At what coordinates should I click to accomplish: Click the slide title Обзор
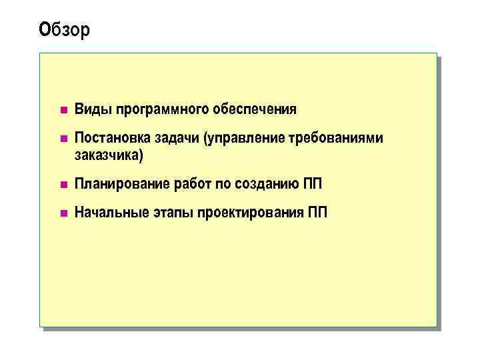(x=64, y=30)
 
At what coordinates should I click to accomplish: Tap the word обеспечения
(x=255, y=109)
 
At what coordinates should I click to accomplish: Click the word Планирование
(x=122, y=184)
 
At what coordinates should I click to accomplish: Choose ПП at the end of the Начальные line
(x=318, y=213)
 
